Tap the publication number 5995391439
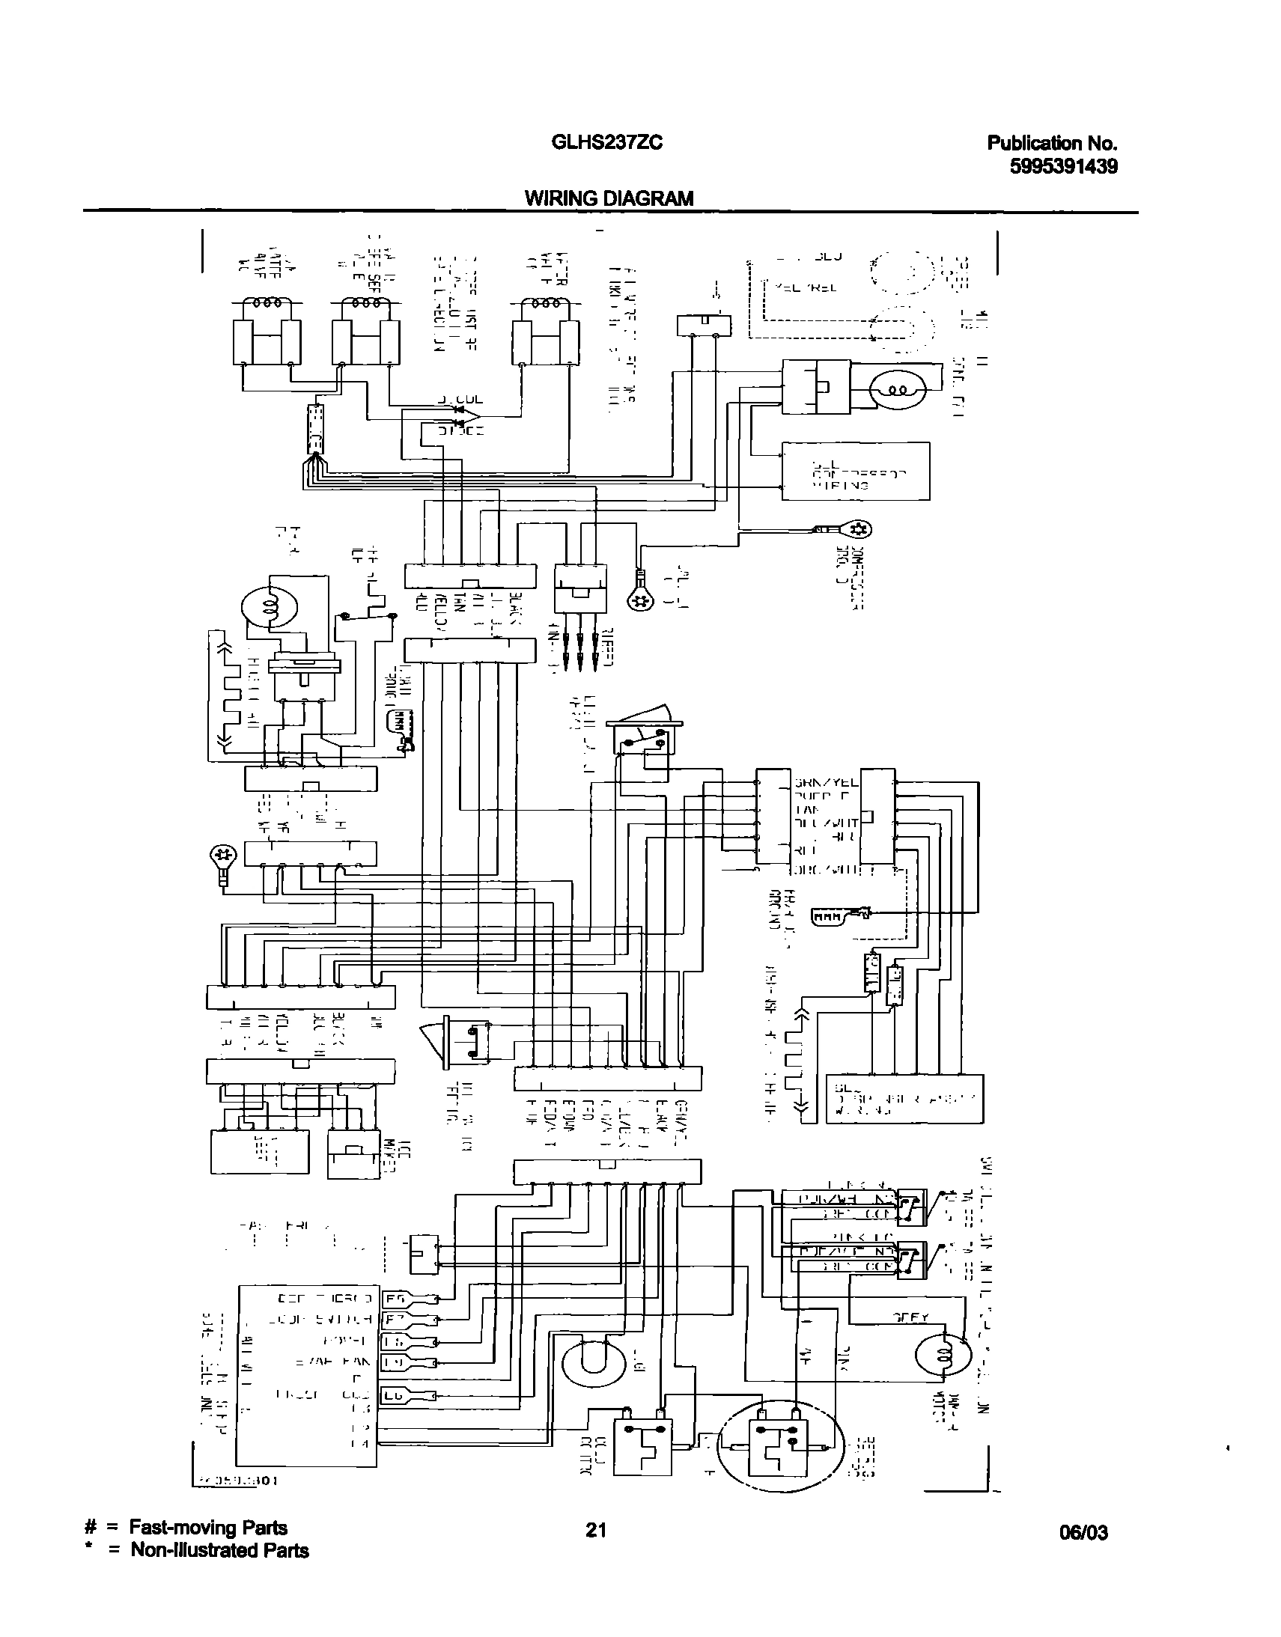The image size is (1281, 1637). click(x=1062, y=166)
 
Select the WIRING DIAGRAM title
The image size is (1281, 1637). click(x=608, y=198)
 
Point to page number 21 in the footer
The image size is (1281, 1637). click(x=595, y=1530)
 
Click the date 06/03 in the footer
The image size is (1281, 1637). click(x=1083, y=1532)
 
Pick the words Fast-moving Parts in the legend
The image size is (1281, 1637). click(x=207, y=1528)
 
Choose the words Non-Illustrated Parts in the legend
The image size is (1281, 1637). click(x=219, y=1550)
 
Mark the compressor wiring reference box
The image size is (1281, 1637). click(x=855, y=471)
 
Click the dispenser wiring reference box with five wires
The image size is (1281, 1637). click(x=904, y=1099)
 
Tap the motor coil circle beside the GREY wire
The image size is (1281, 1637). click(x=943, y=1355)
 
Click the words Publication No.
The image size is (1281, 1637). click(x=1051, y=143)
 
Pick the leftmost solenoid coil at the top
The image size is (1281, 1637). click(x=267, y=304)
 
